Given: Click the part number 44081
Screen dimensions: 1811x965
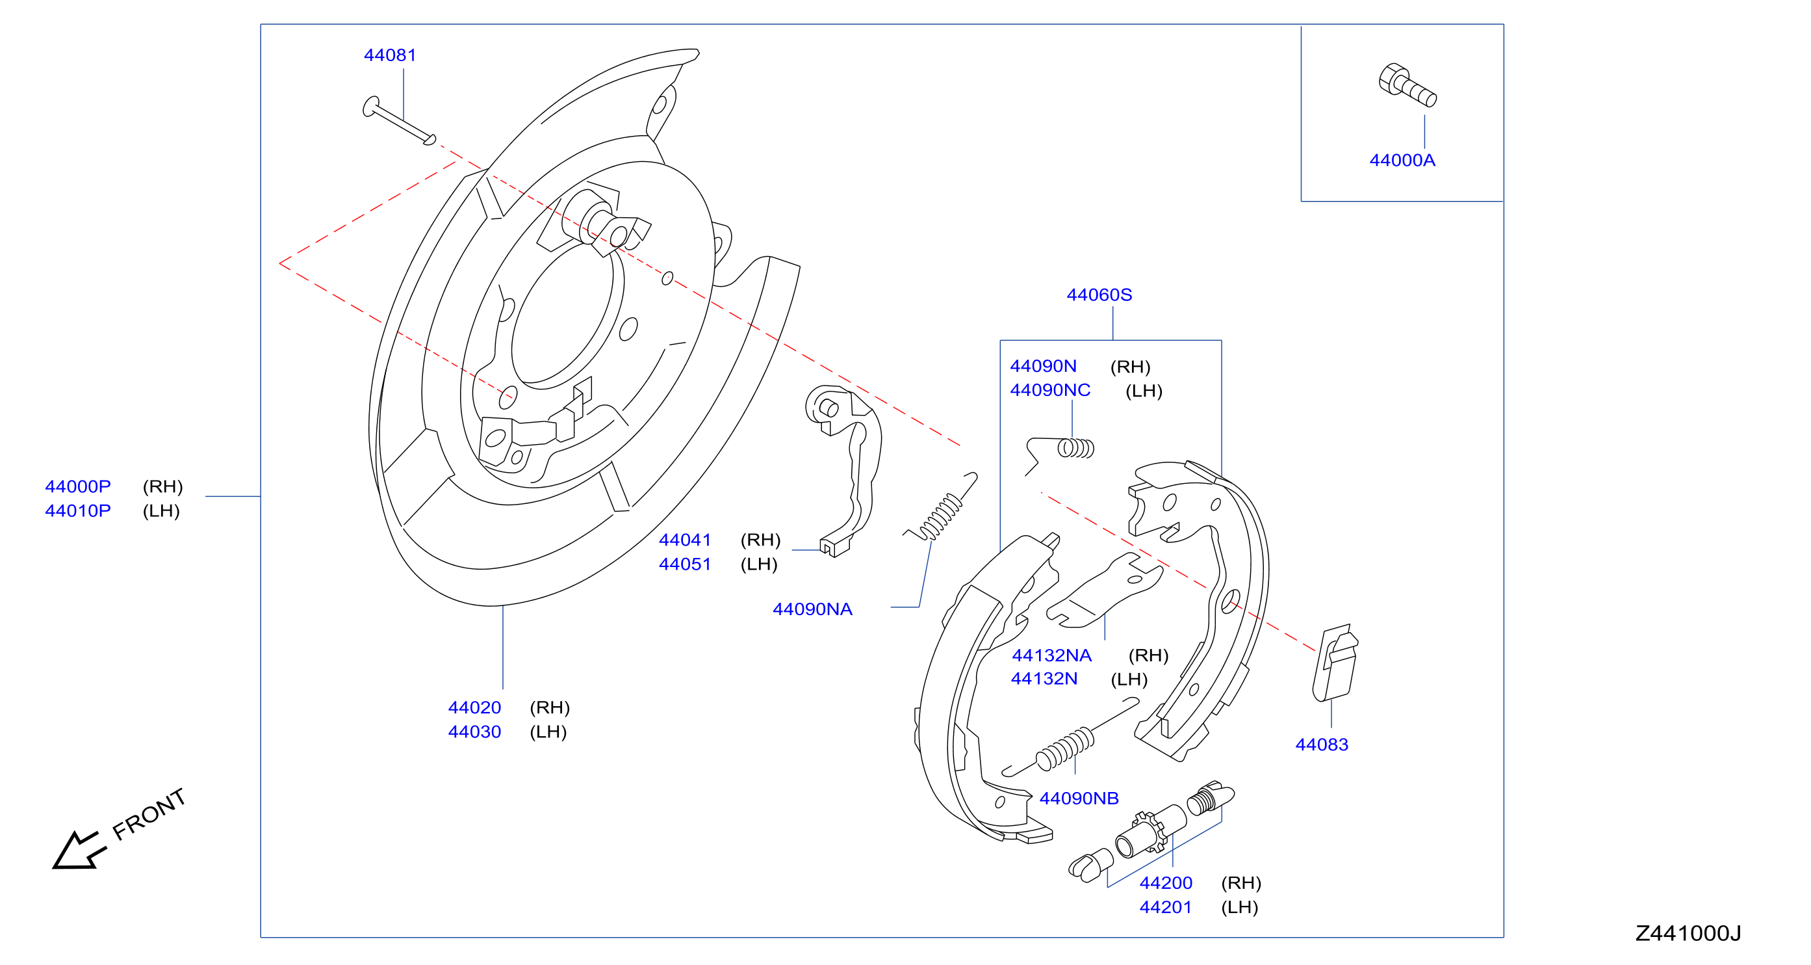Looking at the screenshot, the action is click(x=390, y=55).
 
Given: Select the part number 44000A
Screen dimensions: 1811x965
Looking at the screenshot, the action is click(x=1402, y=161).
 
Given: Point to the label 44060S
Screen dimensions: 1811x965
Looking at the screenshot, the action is click(x=1099, y=295).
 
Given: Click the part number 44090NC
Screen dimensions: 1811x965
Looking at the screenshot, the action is click(x=1050, y=390).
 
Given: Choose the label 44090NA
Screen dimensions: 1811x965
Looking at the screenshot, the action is click(x=813, y=609).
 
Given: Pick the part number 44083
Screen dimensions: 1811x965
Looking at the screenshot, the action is click(x=1322, y=745).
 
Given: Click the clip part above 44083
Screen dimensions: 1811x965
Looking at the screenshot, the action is click(x=1334, y=663).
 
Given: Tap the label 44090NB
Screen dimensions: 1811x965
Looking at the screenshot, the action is click(x=1079, y=799).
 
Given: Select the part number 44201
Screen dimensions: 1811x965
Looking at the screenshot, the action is click(x=1166, y=907).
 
